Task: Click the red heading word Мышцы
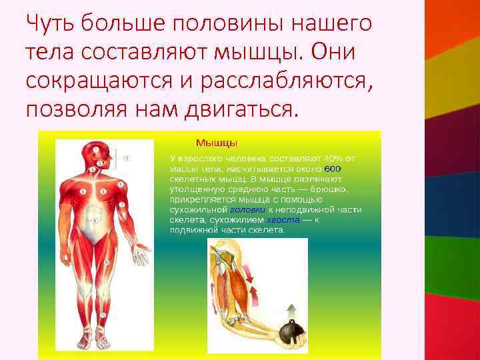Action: (x=216, y=143)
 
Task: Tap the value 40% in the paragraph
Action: (x=333, y=159)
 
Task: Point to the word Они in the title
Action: (x=333, y=52)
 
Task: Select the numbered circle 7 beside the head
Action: (x=127, y=158)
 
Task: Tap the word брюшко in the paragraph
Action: (x=329, y=189)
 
